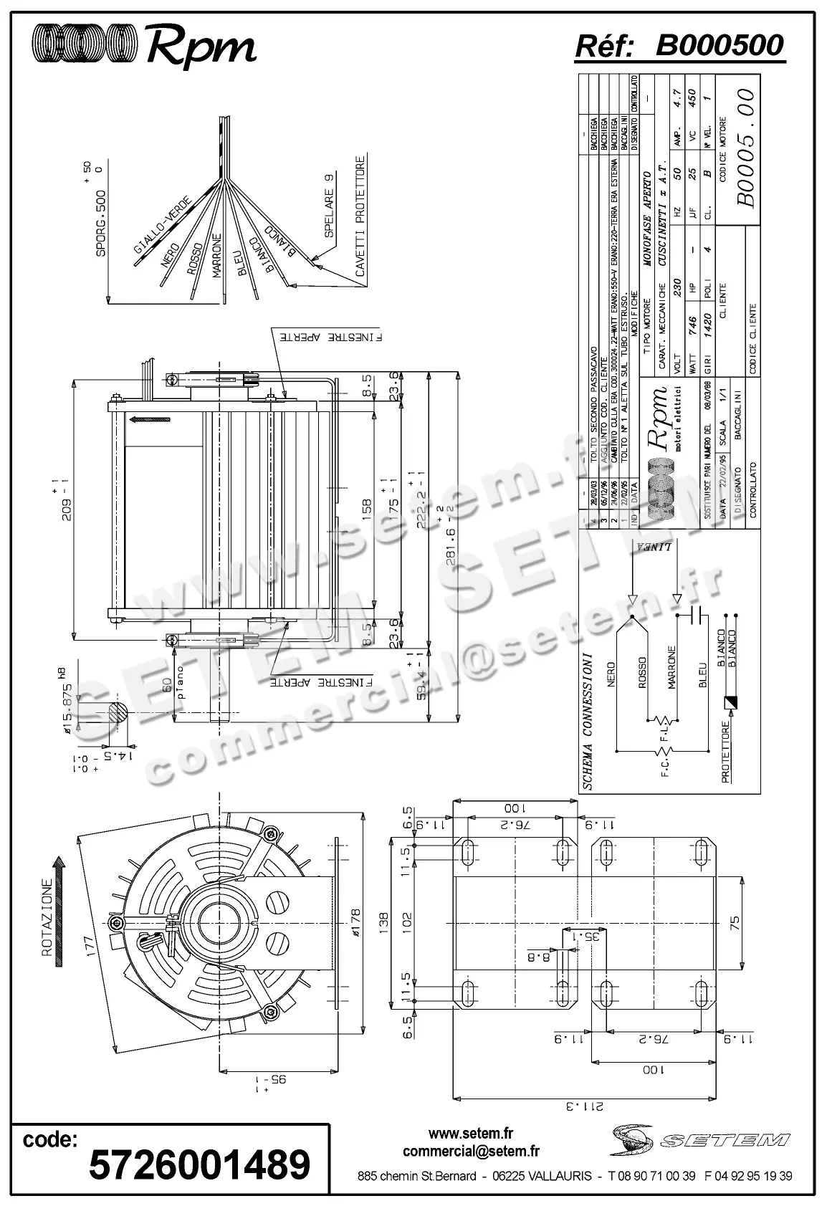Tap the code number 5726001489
click(199, 1163)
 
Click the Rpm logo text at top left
click(201, 47)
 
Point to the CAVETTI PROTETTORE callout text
click(360, 216)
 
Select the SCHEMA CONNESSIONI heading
click(587, 720)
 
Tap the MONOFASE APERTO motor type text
click(646, 219)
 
